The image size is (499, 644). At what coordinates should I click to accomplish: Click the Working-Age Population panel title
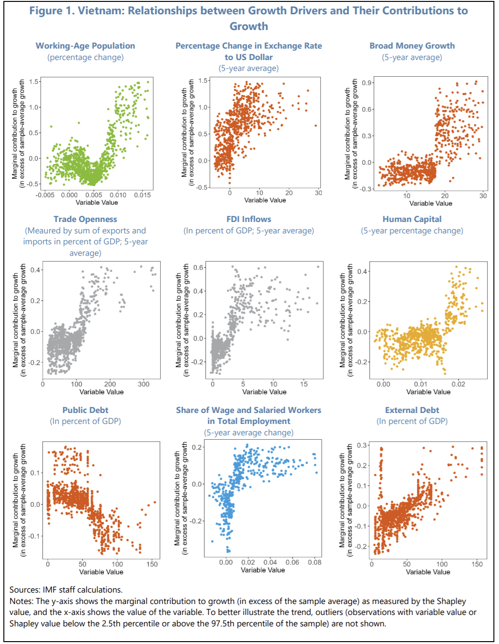point(85,46)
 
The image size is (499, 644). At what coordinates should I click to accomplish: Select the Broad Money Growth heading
point(412,46)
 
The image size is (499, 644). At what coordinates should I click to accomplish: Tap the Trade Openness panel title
point(85,219)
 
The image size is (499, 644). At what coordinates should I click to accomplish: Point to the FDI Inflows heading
point(249,219)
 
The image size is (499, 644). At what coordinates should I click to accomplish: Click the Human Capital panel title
point(412,219)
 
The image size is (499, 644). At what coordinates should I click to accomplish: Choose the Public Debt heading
point(85,410)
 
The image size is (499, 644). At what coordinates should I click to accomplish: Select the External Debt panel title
point(412,410)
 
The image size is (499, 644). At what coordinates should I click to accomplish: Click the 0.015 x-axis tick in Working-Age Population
point(142,195)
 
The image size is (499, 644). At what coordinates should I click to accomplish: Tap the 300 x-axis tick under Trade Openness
point(143,384)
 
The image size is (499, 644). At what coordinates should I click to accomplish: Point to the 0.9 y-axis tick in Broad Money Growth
point(367,83)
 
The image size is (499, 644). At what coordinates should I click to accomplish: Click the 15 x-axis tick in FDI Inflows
point(304,384)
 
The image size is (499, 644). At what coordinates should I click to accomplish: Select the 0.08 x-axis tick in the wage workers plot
point(315,562)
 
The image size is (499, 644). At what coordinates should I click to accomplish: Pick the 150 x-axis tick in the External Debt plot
point(477,564)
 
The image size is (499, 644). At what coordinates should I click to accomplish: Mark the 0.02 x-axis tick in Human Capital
point(458,384)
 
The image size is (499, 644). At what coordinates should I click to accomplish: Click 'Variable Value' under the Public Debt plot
point(101,572)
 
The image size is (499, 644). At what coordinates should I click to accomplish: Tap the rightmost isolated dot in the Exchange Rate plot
point(316,126)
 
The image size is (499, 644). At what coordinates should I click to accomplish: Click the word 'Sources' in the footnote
point(24,590)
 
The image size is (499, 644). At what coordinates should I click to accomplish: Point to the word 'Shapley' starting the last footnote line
point(24,624)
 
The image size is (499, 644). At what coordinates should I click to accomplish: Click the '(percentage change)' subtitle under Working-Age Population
point(85,57)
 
